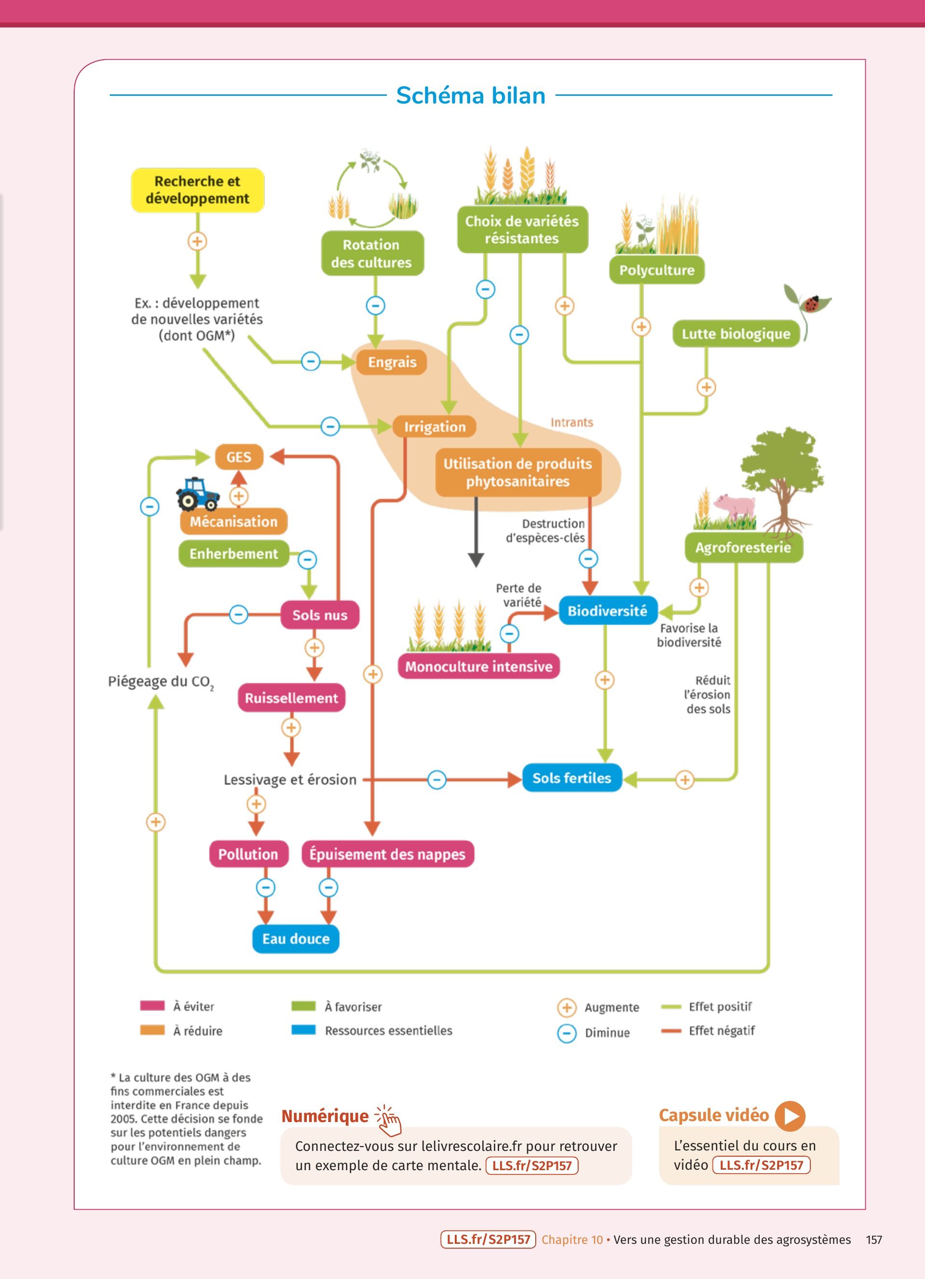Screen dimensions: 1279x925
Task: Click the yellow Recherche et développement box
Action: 198,190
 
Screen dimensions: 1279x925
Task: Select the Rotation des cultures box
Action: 372,253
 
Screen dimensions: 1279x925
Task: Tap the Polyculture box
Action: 657,270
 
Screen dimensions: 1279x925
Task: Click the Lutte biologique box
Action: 736,334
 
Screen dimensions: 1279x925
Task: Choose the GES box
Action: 238,457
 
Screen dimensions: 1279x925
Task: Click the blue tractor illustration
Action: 197,494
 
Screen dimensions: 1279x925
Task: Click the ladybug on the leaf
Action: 812,303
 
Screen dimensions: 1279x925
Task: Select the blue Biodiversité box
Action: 608,611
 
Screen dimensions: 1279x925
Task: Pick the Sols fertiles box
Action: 571,778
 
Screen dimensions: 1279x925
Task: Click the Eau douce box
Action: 295,939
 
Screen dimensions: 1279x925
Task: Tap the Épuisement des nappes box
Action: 387,854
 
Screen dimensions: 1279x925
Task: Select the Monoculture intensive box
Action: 479,666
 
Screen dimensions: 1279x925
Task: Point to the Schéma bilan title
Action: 470,96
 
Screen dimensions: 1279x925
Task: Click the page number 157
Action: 873,1240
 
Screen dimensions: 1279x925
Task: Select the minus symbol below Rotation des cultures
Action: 376,306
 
